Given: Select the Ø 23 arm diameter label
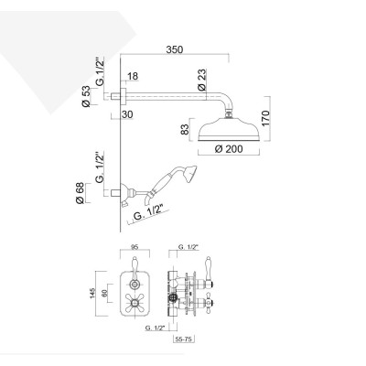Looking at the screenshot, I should pyautogui.click(x=201, y=81).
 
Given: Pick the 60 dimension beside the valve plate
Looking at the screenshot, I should pyautogui.click(x=107, y=293).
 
